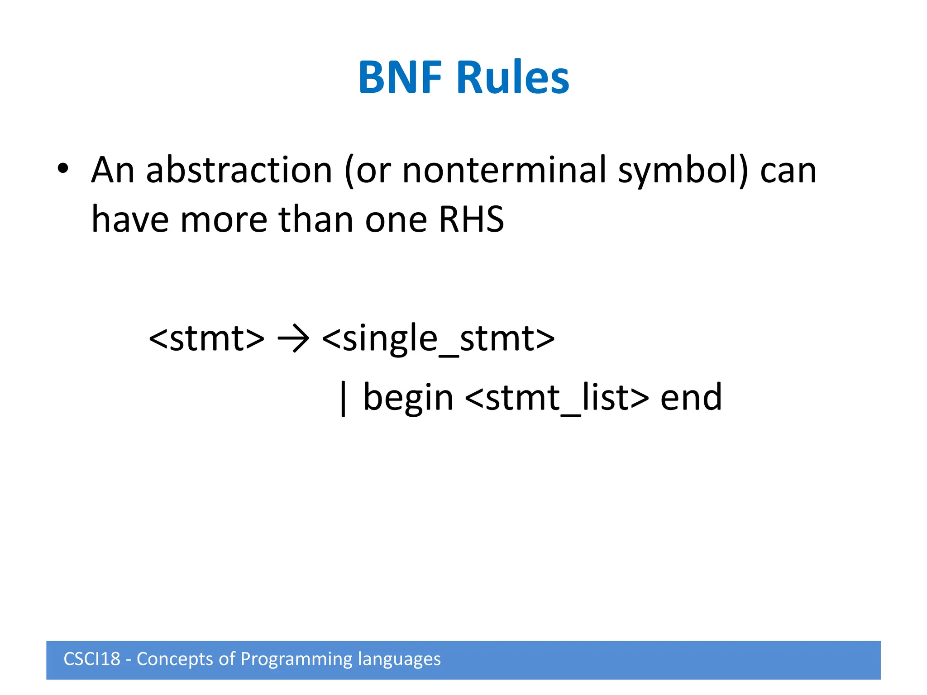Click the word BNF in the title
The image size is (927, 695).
[400, 77]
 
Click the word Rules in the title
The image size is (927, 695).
[513, 77]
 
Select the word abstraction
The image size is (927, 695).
[239, 171]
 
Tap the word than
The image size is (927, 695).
[315, 219]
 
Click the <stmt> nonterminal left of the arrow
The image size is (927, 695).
[206, 338]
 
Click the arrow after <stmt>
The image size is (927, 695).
[293, 338]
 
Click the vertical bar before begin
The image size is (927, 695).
[343, 398]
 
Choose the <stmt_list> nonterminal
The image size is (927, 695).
[556, 398]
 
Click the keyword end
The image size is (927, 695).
[691, 398]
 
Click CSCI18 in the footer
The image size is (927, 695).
[92, 659]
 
